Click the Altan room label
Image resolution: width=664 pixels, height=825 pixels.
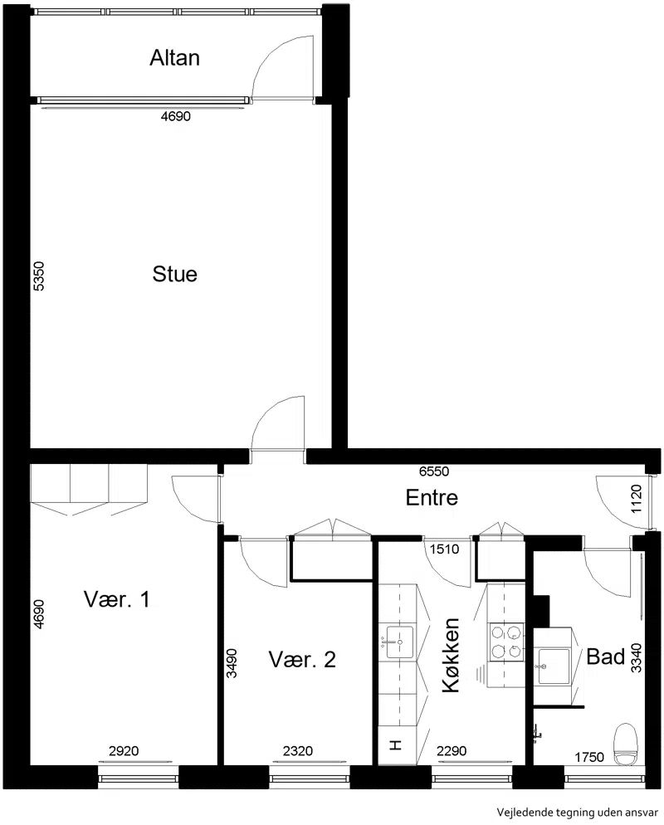click(174, 58)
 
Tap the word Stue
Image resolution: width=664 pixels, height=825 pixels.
click(174, 274)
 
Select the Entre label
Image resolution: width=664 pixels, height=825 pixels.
click(432, 497)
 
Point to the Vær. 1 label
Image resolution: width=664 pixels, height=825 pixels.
click(117, 598)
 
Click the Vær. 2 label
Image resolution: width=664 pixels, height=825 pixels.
click(302, 659)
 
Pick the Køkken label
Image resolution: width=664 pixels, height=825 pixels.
click(451, 655)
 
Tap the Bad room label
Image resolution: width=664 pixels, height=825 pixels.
click(606, 657)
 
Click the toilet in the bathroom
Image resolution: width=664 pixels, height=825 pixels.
click(626, 744)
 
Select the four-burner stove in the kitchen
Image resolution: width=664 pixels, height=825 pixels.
click(506, 642)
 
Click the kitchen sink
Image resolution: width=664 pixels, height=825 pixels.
click(400, 642)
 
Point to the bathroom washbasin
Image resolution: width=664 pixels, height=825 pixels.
click(554, 666)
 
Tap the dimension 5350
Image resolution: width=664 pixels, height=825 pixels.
click(39, 276)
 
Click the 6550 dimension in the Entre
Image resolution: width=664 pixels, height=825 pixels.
click(434, 471)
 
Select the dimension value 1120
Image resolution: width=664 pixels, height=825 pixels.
click(636, 500)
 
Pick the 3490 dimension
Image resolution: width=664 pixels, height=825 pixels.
click(232, 663)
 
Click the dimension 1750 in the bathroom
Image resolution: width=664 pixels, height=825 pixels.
click(588, 757)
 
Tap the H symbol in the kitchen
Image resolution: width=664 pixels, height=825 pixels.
click(396, 745)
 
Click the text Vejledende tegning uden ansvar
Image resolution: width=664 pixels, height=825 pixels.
click(577, 812)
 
